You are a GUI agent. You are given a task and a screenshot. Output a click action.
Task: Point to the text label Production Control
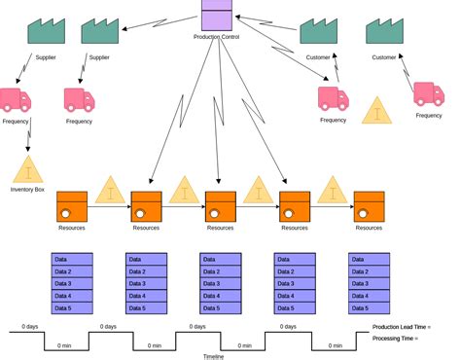(x=217, y=37)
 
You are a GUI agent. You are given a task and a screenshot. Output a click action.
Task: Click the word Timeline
(x=214, y=356)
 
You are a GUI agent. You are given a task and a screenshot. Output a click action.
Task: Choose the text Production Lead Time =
(x=401, y=327)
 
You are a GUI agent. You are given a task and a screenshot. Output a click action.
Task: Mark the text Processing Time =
(x=395, y=339)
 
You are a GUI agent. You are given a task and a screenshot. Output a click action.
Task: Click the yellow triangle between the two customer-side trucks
(x=377, y=111)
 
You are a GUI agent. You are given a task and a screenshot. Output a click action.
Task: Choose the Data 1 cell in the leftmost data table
(x=72, y=259)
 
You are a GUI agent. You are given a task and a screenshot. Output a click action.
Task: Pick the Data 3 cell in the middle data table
(x=221, y=283)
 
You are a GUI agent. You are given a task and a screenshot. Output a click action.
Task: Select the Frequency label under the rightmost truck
(x=429, y=116)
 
